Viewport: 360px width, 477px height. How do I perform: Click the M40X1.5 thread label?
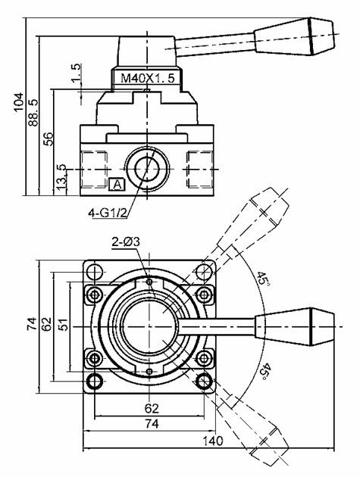tap(148, 79)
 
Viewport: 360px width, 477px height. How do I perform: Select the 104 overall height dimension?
tap(18, 102)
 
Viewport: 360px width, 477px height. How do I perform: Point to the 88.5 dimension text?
tap(33, 112)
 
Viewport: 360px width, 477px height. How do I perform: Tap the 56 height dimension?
tap(48, 139)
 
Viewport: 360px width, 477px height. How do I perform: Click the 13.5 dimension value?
tap(61, 177)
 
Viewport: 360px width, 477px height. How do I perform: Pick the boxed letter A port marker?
tap(117, 184)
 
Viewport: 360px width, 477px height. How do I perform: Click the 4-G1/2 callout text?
tap(107, 213)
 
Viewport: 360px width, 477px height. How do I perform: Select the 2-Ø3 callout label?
tap(126, 242)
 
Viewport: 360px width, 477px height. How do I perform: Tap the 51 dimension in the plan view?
tap(62, 325)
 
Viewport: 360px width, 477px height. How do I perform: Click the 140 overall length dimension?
tap(213, 440)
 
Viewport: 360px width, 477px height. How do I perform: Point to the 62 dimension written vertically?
tap(46, 324)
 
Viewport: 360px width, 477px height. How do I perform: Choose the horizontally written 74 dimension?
tap(152, 423)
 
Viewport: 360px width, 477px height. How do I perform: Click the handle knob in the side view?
tap(295, 37)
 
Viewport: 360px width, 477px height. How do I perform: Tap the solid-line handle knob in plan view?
tap(295, 327)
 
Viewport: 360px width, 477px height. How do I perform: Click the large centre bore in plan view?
tap(149, 327)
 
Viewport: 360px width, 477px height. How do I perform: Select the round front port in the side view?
tap(148, 169)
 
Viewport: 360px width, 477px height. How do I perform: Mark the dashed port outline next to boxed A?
tap(95, 169)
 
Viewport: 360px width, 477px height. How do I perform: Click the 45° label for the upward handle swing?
tap(262, 279)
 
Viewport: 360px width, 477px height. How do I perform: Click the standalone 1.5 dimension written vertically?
tap(76, 73)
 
